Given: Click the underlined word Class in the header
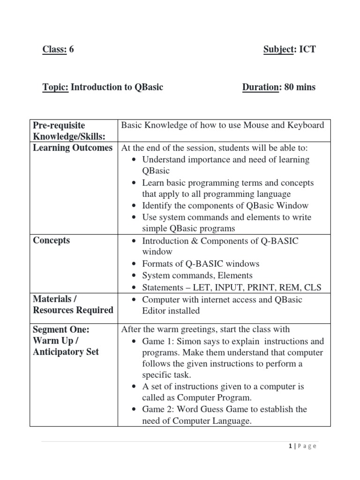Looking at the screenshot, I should pos(54,49).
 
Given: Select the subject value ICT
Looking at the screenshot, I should pos(307,49).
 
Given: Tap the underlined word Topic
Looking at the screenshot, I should pos(55,87).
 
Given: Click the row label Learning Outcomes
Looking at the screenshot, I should pos(73,148).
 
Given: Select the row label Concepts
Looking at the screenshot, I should pos(52,240).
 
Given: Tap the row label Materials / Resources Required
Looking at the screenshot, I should pos(73,305).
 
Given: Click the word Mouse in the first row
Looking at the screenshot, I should pos(254,125).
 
